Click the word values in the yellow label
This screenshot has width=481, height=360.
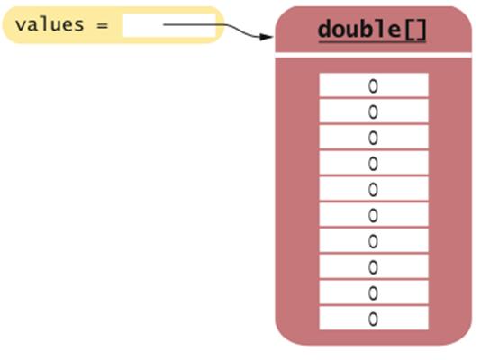(50, 24)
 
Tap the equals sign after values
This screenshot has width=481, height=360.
(103, 25)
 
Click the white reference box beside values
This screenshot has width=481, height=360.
(169, 26)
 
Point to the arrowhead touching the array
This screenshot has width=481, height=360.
(267, 37)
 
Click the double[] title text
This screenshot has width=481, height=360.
(372, 30)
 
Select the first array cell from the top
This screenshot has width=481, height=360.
(373, 85)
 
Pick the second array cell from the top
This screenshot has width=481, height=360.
(373, 111)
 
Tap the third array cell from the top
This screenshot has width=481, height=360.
(373, 137)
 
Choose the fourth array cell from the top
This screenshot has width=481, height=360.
(373, 163)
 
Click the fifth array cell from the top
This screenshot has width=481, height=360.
(373, 189)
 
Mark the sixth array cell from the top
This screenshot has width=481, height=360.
(373, 215)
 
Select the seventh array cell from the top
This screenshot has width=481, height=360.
(373, 241)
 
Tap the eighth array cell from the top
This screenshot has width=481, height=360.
(373, 266)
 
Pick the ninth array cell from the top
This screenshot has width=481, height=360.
(373, 292)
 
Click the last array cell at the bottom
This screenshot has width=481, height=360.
(373, 319)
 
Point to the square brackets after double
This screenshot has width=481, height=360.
(416, 30)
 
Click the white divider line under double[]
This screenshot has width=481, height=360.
(373, 55)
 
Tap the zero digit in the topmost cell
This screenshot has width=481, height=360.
(373, 86)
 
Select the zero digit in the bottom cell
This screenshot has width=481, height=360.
(373, 319)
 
